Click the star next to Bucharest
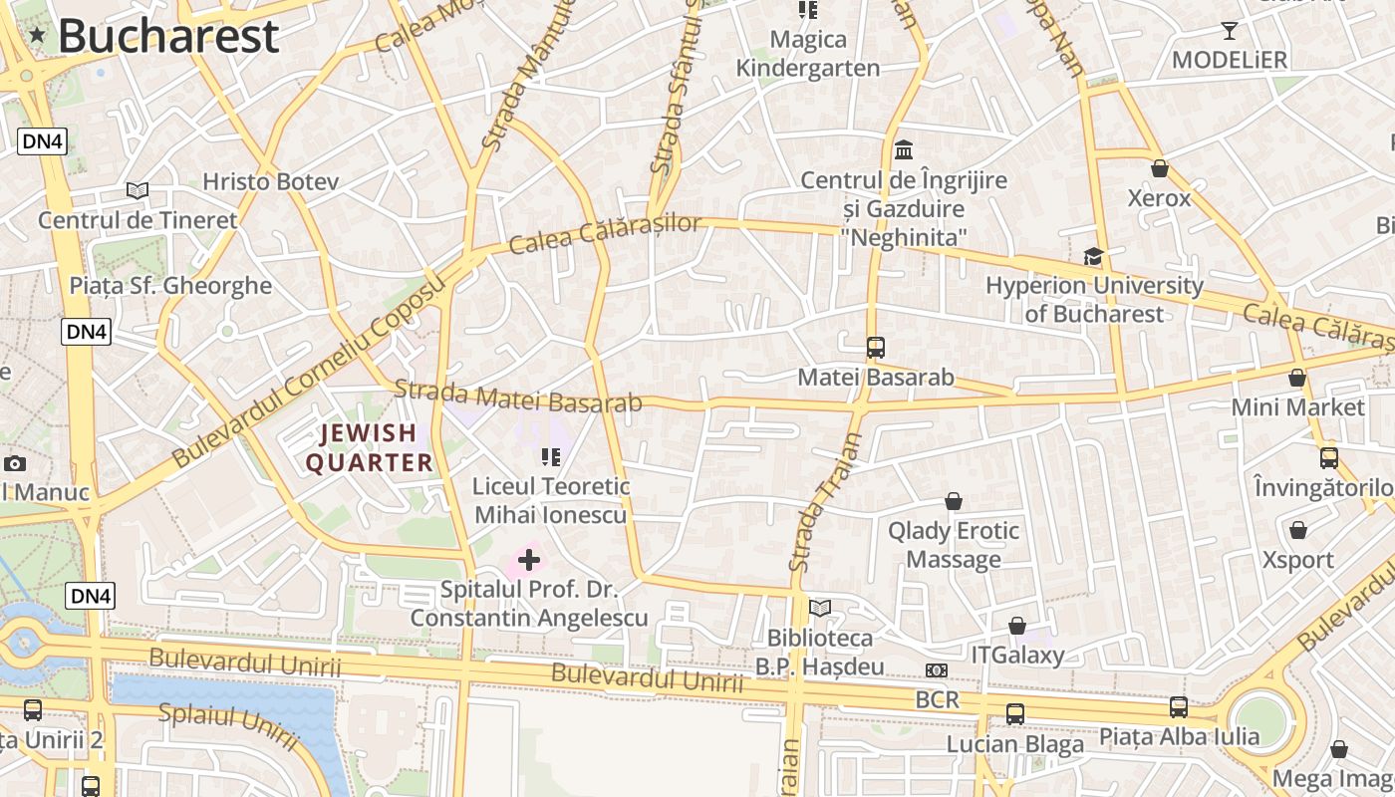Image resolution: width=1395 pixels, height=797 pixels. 37,36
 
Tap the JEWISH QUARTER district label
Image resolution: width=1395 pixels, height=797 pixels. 369,447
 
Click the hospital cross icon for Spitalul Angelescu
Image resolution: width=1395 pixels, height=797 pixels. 529,560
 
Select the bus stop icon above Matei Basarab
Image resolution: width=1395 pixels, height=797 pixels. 875,348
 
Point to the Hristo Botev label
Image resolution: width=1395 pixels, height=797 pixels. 270,181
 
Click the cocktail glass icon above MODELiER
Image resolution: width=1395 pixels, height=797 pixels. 1230,31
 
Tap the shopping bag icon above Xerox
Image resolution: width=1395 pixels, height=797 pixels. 1159,168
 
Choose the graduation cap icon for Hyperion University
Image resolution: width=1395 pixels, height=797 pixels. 1094,257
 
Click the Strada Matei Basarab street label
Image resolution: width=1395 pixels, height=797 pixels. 518,396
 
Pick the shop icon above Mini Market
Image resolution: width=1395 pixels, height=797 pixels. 1297,378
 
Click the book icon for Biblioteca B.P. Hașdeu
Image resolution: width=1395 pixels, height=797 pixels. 820,608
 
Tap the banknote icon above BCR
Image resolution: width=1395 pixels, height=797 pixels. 937,670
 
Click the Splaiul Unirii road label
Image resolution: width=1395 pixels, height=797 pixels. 229,726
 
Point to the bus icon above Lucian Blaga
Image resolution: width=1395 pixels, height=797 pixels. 1015,714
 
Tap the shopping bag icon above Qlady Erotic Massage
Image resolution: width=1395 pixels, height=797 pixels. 954,500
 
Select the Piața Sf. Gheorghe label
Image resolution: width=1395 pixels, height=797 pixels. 170,286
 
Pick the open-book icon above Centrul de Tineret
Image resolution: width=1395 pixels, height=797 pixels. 138,190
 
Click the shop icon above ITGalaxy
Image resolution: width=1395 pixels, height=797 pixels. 1017,626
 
